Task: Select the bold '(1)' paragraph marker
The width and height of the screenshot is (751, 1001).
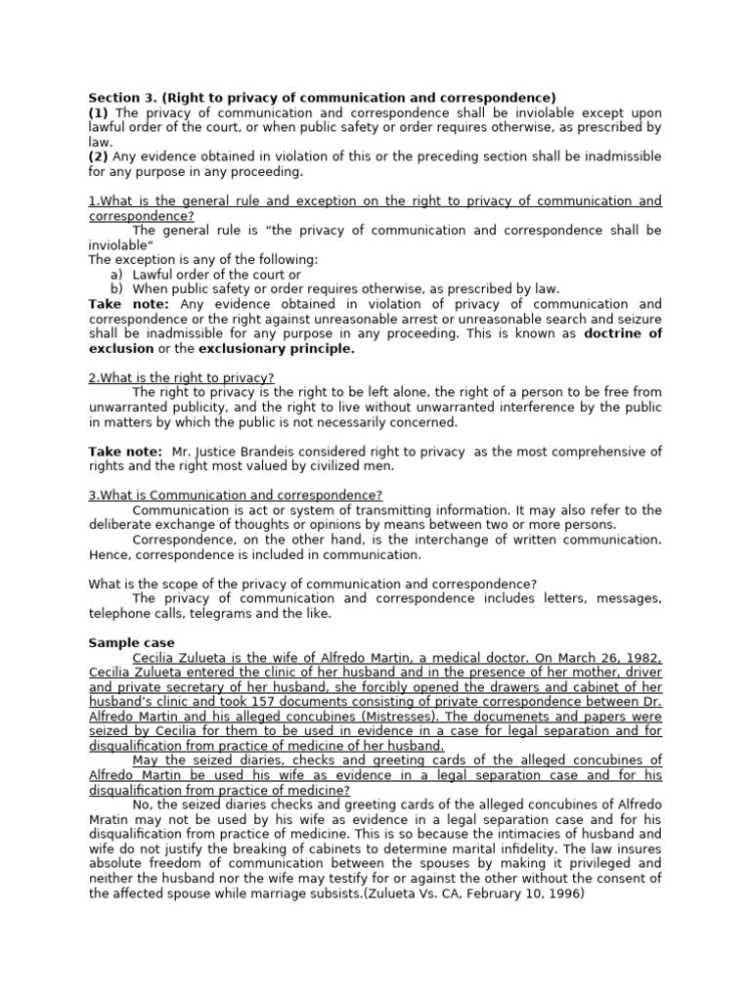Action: click(x=99, y=112)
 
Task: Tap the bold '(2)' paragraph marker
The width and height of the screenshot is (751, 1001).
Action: click(x=99, y=156)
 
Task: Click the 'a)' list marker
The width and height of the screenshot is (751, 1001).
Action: click(x=117, y=275)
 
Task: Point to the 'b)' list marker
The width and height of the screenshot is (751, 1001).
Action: click(x=117, y=289)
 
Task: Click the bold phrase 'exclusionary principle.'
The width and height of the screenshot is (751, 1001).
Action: click(x=277, y=348)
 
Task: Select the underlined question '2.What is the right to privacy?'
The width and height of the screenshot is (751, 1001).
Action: click(x=181, y=377)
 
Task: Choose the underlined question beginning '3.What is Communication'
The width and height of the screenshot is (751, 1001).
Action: click(x=235, y=496)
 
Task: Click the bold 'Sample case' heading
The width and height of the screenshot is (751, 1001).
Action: click(x=131, y=643)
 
